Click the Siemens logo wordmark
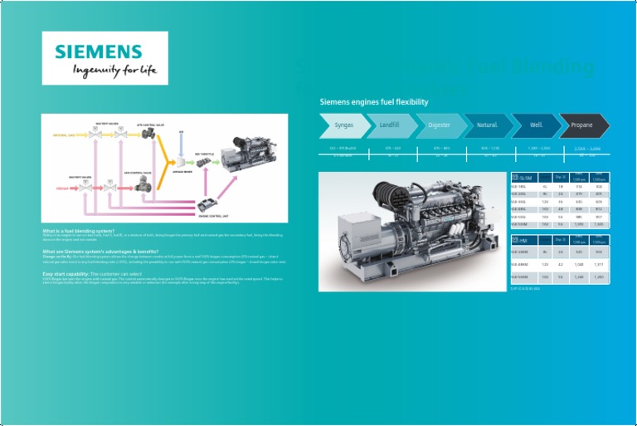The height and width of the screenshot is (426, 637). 105,50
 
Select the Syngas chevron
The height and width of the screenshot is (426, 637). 343,125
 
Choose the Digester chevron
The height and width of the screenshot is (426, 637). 438,125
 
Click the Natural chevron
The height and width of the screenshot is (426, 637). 487,125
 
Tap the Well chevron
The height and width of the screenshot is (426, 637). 535,125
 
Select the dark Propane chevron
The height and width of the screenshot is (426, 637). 582,125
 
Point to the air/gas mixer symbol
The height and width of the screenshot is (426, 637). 183,162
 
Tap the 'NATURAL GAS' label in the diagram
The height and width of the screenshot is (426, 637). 66,134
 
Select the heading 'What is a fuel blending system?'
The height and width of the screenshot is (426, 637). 79,231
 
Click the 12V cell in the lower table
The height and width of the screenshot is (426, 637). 545,263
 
